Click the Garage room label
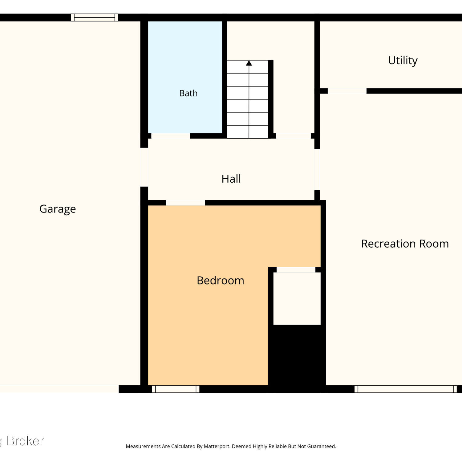[x=58, y=209]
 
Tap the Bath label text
[x=188, y=93]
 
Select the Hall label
[x=231, y=179]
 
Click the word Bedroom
[x=221, y=280]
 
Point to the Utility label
[x=403, y=60]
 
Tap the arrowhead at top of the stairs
[x=249, y=63]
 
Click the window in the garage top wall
[x=95, y=18]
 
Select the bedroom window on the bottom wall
[x=176, y=389]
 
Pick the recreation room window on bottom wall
[x=406, y=389]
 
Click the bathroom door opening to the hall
[x=171, y=136]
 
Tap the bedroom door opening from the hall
[x=186, y=203]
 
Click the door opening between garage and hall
[x=144, y=167]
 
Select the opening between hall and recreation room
[x=317, y=169]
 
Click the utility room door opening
[x=347, y=91]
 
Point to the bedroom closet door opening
[x=296, y=270]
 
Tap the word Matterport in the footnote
[x=217, y=446]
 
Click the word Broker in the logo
[x=25, y=441]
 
